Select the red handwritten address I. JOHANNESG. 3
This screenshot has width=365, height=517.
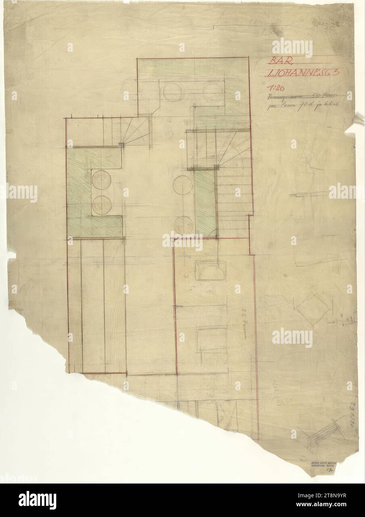(300, 74)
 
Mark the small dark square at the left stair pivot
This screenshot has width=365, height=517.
(121, 144)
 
